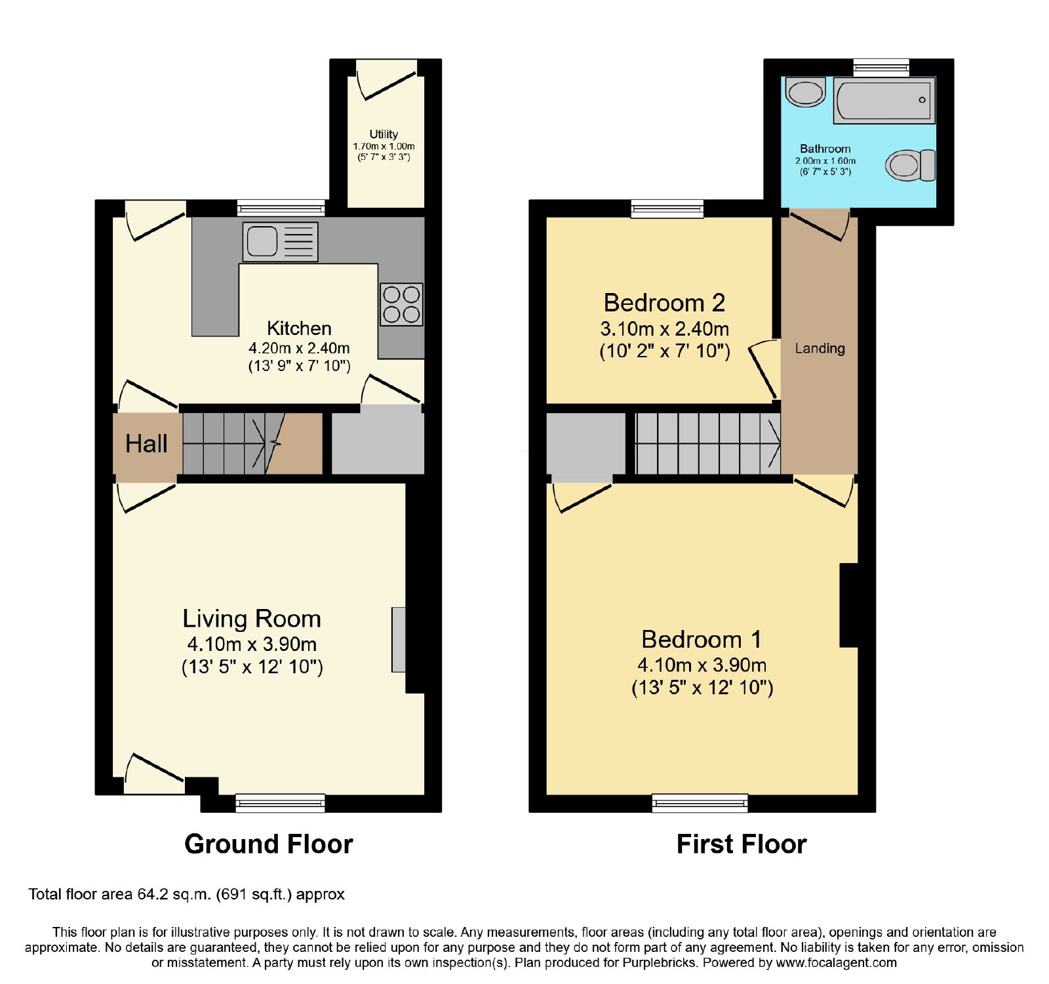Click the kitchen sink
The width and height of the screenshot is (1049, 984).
coord(280,242)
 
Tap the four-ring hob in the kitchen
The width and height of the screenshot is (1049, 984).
coord(401,305)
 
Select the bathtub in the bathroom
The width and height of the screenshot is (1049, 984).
coord(884,100)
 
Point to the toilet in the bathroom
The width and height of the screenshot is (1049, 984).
coord(910,165)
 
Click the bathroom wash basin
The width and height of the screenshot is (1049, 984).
coord(805,92)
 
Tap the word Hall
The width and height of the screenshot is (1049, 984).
coord(146,444)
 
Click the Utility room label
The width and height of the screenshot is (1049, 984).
coord(384,134)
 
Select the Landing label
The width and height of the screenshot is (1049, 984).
coord(820,349)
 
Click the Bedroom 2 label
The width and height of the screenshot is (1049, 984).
coord(664,303)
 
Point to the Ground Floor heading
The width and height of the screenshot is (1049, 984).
coord(269,844)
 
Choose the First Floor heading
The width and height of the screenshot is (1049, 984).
coord(742,844)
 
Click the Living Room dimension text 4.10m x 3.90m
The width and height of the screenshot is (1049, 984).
coord(252,644)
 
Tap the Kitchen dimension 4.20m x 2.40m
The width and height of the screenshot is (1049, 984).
coord(299,348)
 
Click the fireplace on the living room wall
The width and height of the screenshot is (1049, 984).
coord(399,640)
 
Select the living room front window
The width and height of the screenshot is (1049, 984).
coord(280,803)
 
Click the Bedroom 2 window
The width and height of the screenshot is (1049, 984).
coord(667,209)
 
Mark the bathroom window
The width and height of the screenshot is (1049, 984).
coord(881,68)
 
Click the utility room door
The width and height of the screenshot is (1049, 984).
coord(387,79)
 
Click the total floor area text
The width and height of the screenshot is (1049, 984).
coord(186,894)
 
